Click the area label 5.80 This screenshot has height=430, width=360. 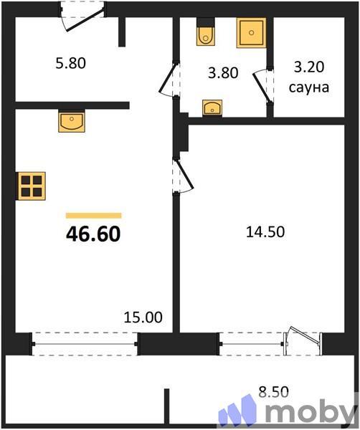click(x=70, y=63)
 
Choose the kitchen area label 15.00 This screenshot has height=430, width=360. click(x=143, y=317)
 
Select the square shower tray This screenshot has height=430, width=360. click(x=251, y=33)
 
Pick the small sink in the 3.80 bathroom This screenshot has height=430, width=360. click(x=213, y=107)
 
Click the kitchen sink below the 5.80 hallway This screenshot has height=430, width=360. click(x=72, y=122)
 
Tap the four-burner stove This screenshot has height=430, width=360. click(x=32, y=186)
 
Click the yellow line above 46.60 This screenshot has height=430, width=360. click(x=93, y=215)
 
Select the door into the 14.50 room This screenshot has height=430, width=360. click(x=179, y=176)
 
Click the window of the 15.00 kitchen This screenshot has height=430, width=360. click(x=84, y=343)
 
